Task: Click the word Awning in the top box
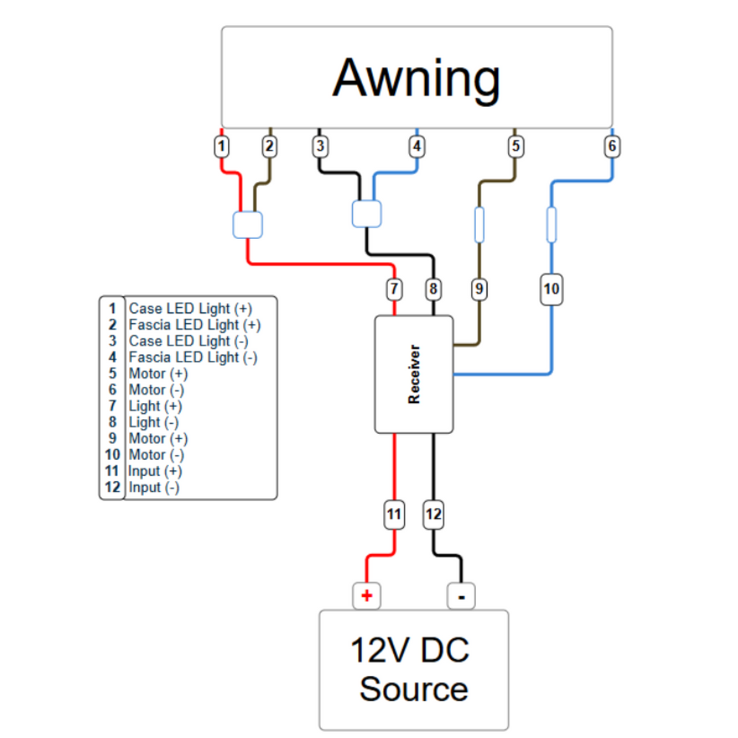[x=417, y=78]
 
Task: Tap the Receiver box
[x=413, y=374]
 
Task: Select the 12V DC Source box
[x=413, y=669]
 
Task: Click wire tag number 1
[x=222, y=146]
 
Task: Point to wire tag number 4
[x=417, y=146]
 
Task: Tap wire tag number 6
[x=612, y=146]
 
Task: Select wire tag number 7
[x=394, y=289]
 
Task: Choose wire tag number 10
[x=551, y=289]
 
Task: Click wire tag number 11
[x=394, y=514]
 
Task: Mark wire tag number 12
[x=433, y=514]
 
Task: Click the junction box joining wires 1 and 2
[x=247, y=224]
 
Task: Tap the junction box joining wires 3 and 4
[x=366, y=213]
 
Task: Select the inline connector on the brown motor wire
[x=479, y=224]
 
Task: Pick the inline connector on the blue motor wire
[x=551, y=224]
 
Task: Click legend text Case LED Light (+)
[x=190, y=308]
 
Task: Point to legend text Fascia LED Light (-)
[x=193, y=357]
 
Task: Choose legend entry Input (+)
[x=155, y=471]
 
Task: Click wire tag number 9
[x=479, y=289]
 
